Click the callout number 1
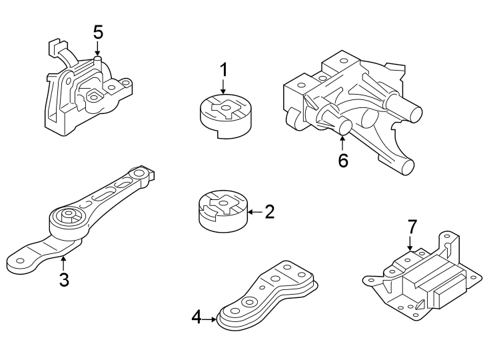click(224, 69)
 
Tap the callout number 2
click(269, 213)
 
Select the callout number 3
click(64, 279)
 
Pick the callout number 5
click(98, 31)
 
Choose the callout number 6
click(343, 161)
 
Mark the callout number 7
click(411, 225)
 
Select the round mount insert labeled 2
click(222, 213)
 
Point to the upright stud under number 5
click(98, 62)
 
